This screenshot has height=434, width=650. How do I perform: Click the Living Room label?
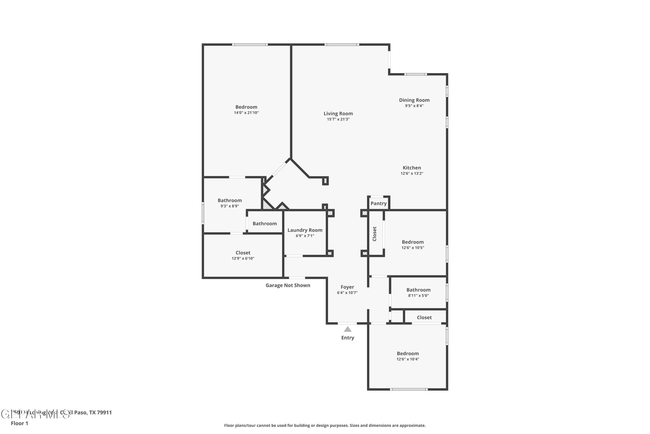coord(338,113)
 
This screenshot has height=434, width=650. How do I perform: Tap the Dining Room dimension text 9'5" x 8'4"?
coord(414,106)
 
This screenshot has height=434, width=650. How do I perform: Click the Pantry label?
coord(378,204)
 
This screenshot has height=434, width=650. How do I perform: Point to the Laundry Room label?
coord(305,230)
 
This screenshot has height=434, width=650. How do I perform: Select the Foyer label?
coord(347,287)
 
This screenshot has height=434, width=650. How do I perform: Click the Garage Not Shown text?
coord(288,285)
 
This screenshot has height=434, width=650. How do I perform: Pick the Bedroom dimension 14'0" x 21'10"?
coord(246,113)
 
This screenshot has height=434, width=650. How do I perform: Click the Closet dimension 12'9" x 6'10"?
coord(243,258)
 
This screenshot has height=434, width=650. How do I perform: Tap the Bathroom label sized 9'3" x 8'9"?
coord(229,200)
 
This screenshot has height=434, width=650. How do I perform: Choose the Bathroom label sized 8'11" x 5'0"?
coord(418,290)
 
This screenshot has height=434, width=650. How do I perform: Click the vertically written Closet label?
coord(374,234)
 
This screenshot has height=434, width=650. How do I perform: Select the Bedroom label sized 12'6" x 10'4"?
coord(407,353)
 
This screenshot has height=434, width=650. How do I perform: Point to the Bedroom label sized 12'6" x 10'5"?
coord(412,242)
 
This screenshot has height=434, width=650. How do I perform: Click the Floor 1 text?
coord(19,423)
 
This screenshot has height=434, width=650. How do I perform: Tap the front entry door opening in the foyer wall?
coord(347,323)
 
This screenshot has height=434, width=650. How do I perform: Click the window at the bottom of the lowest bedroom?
coord(408,390)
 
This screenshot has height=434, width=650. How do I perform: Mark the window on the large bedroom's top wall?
coord(250,44)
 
